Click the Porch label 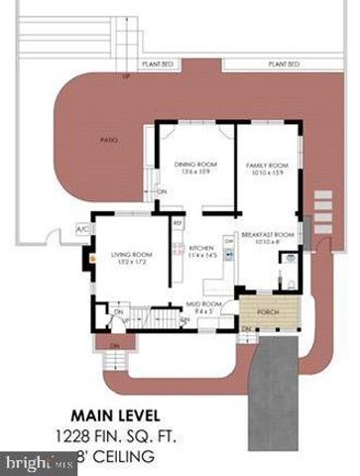[268, 310]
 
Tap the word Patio [110, 140]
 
